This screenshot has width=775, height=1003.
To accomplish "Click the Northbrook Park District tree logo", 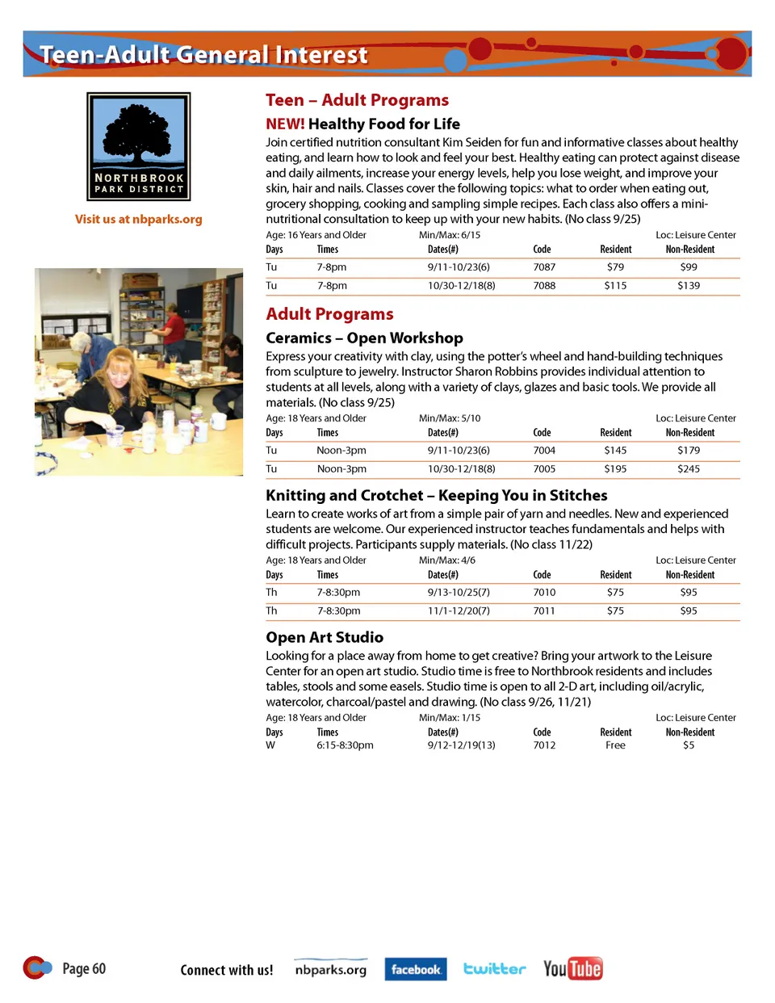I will (139, 146).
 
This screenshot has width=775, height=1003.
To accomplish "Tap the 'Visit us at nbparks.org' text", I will (139, 219).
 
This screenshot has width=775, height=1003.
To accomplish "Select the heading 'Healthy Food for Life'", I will (383, 124).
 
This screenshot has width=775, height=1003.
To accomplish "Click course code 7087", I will (544, 267).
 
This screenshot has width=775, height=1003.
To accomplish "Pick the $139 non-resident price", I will (689, 286).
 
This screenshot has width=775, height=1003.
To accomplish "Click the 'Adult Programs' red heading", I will (329, 314).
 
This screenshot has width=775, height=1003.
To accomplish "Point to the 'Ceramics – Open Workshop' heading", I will (364, 338).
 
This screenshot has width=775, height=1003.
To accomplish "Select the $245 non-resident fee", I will (689, 469).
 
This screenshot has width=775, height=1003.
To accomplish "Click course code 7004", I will (544, 451).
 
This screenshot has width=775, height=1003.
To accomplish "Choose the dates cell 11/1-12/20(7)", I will (459, 611).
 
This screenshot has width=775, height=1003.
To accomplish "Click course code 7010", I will (544, 593).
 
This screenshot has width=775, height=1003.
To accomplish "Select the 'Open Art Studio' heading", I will (325, 637).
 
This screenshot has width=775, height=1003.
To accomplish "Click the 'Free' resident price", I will (615, 745).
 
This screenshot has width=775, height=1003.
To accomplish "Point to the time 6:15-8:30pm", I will (345, 745).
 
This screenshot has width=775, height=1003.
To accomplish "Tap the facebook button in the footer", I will (416, 969).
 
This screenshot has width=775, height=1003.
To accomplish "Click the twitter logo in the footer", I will (494, 968).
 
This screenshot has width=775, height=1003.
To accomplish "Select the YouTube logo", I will (573, 968).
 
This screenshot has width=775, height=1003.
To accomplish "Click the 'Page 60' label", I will (84, 968).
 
